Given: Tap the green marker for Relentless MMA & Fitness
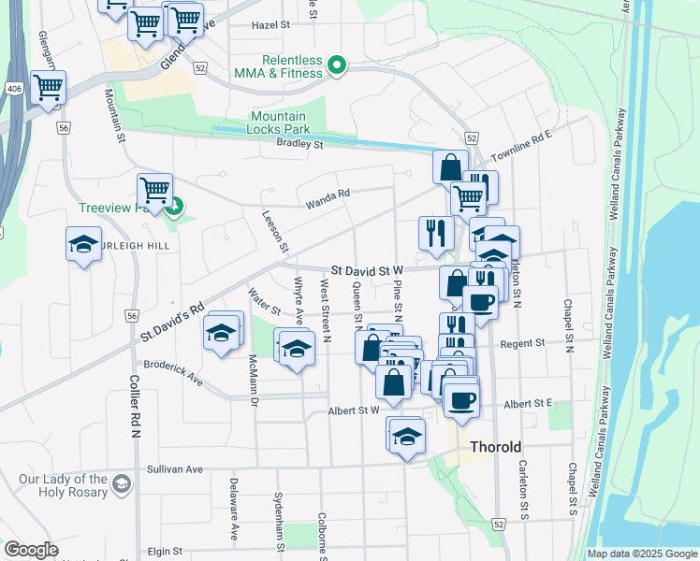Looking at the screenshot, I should tap(339, 65).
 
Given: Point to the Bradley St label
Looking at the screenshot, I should tap(299, 144).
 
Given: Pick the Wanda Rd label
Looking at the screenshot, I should tap(328, 194).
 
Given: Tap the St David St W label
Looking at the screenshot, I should tap(365, 270).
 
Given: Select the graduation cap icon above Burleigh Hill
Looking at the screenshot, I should tap(83, 244).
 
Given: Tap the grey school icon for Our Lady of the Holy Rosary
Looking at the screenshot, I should tap(121, 483).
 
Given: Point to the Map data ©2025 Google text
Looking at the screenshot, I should tap(641, 554).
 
